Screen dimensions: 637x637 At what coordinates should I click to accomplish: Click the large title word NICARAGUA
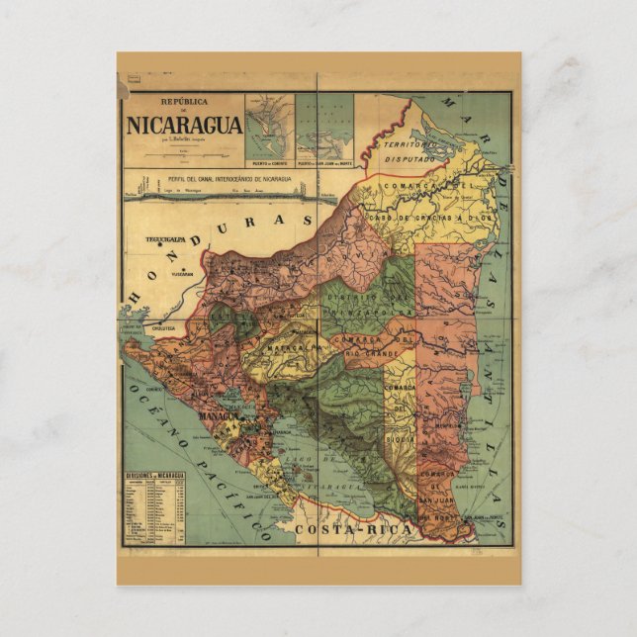pos(183,126)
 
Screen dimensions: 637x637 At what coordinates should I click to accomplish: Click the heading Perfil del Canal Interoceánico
pos(242,179)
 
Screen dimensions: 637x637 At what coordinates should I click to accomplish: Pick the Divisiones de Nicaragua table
pos(154,506)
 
